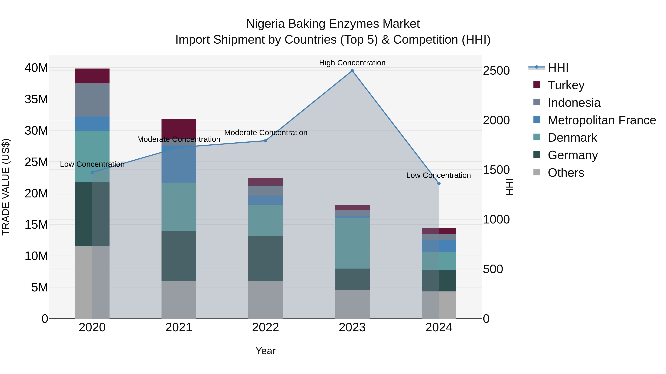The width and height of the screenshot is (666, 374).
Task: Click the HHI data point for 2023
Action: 352,71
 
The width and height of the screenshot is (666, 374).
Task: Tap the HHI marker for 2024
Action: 439,184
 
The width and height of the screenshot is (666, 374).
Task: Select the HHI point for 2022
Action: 265,141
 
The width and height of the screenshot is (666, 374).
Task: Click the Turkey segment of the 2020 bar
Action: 92,76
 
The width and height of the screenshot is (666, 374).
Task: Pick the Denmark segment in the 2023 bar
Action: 352,243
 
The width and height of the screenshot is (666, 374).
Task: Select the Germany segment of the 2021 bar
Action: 179,256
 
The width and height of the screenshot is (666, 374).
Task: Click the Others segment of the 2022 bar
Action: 265,300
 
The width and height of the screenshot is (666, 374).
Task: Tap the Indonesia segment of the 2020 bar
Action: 92,100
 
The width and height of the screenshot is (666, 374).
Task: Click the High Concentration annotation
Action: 352,63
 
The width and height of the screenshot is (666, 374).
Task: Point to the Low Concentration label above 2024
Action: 438,175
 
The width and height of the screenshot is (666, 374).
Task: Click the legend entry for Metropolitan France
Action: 602,120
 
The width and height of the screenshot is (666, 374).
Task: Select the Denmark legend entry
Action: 572,138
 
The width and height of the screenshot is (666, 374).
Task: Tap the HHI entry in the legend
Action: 558,68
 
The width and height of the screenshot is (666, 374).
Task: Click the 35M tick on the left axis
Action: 36,99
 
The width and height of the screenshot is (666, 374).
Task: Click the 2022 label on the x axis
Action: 265,327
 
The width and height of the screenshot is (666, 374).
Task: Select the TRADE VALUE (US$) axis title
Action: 6,187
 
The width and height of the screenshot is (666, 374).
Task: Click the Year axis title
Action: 265,351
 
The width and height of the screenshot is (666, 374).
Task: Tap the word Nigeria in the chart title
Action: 265,24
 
